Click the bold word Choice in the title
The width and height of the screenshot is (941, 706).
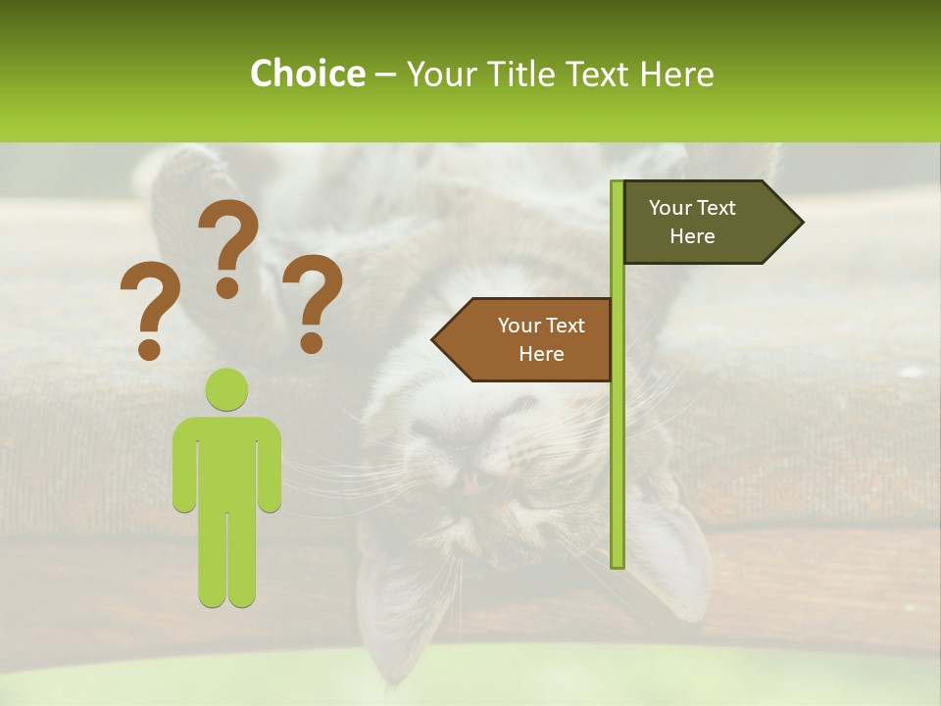point(307,74)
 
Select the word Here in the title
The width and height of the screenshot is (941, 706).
point(677,74)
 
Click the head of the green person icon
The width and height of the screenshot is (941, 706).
point(227,389)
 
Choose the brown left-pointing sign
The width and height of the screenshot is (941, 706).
point(529,339)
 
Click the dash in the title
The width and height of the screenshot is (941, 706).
point(385,75)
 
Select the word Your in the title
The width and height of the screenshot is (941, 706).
point(440,74)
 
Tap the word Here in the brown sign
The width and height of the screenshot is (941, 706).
point(541,354)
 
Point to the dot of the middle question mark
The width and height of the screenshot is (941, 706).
point(228,287)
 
